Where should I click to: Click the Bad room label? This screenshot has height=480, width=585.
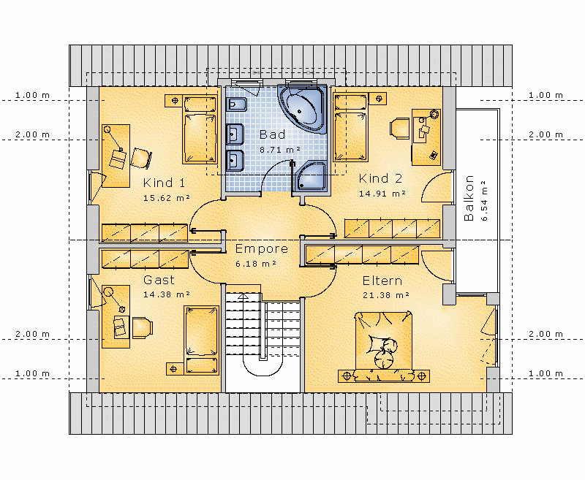272,134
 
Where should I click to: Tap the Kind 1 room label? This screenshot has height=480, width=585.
164,183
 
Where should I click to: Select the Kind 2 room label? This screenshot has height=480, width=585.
380,178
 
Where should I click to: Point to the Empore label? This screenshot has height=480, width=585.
262,248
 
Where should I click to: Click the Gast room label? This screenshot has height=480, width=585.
159,280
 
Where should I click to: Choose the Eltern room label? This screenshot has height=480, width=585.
382,281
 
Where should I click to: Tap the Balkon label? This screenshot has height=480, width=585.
469,198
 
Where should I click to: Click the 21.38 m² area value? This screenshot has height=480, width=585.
386,295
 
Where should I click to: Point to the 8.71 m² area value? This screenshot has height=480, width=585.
280,150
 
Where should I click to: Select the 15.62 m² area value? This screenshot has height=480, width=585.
167,198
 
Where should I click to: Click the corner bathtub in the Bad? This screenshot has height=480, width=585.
303,108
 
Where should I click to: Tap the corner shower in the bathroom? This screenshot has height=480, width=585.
311,177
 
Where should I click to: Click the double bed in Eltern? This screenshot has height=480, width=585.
383,347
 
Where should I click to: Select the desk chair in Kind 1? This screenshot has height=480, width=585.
141,158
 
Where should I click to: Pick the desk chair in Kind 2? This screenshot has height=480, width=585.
399,129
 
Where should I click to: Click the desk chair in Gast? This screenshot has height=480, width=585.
142,327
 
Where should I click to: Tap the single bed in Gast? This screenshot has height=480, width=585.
201,340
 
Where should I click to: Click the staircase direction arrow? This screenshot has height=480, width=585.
244,297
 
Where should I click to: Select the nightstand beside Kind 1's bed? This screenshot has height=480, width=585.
174,100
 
